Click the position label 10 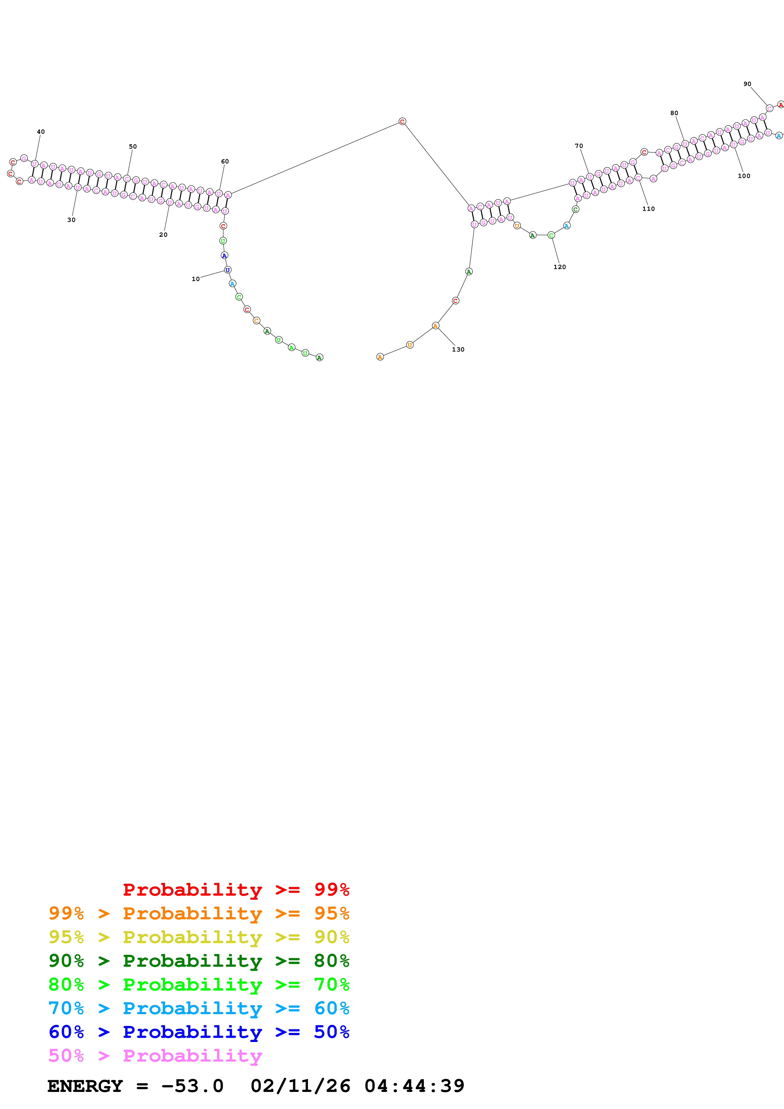[196, 279]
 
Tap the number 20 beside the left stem [163, 235]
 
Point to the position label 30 [71, 220]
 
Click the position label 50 [133, 147]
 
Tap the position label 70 [579, 146]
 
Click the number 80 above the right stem [674, 113]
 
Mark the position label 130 [458, 350]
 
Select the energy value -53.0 [192, 1086]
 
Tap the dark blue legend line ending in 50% [199, 1032]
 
